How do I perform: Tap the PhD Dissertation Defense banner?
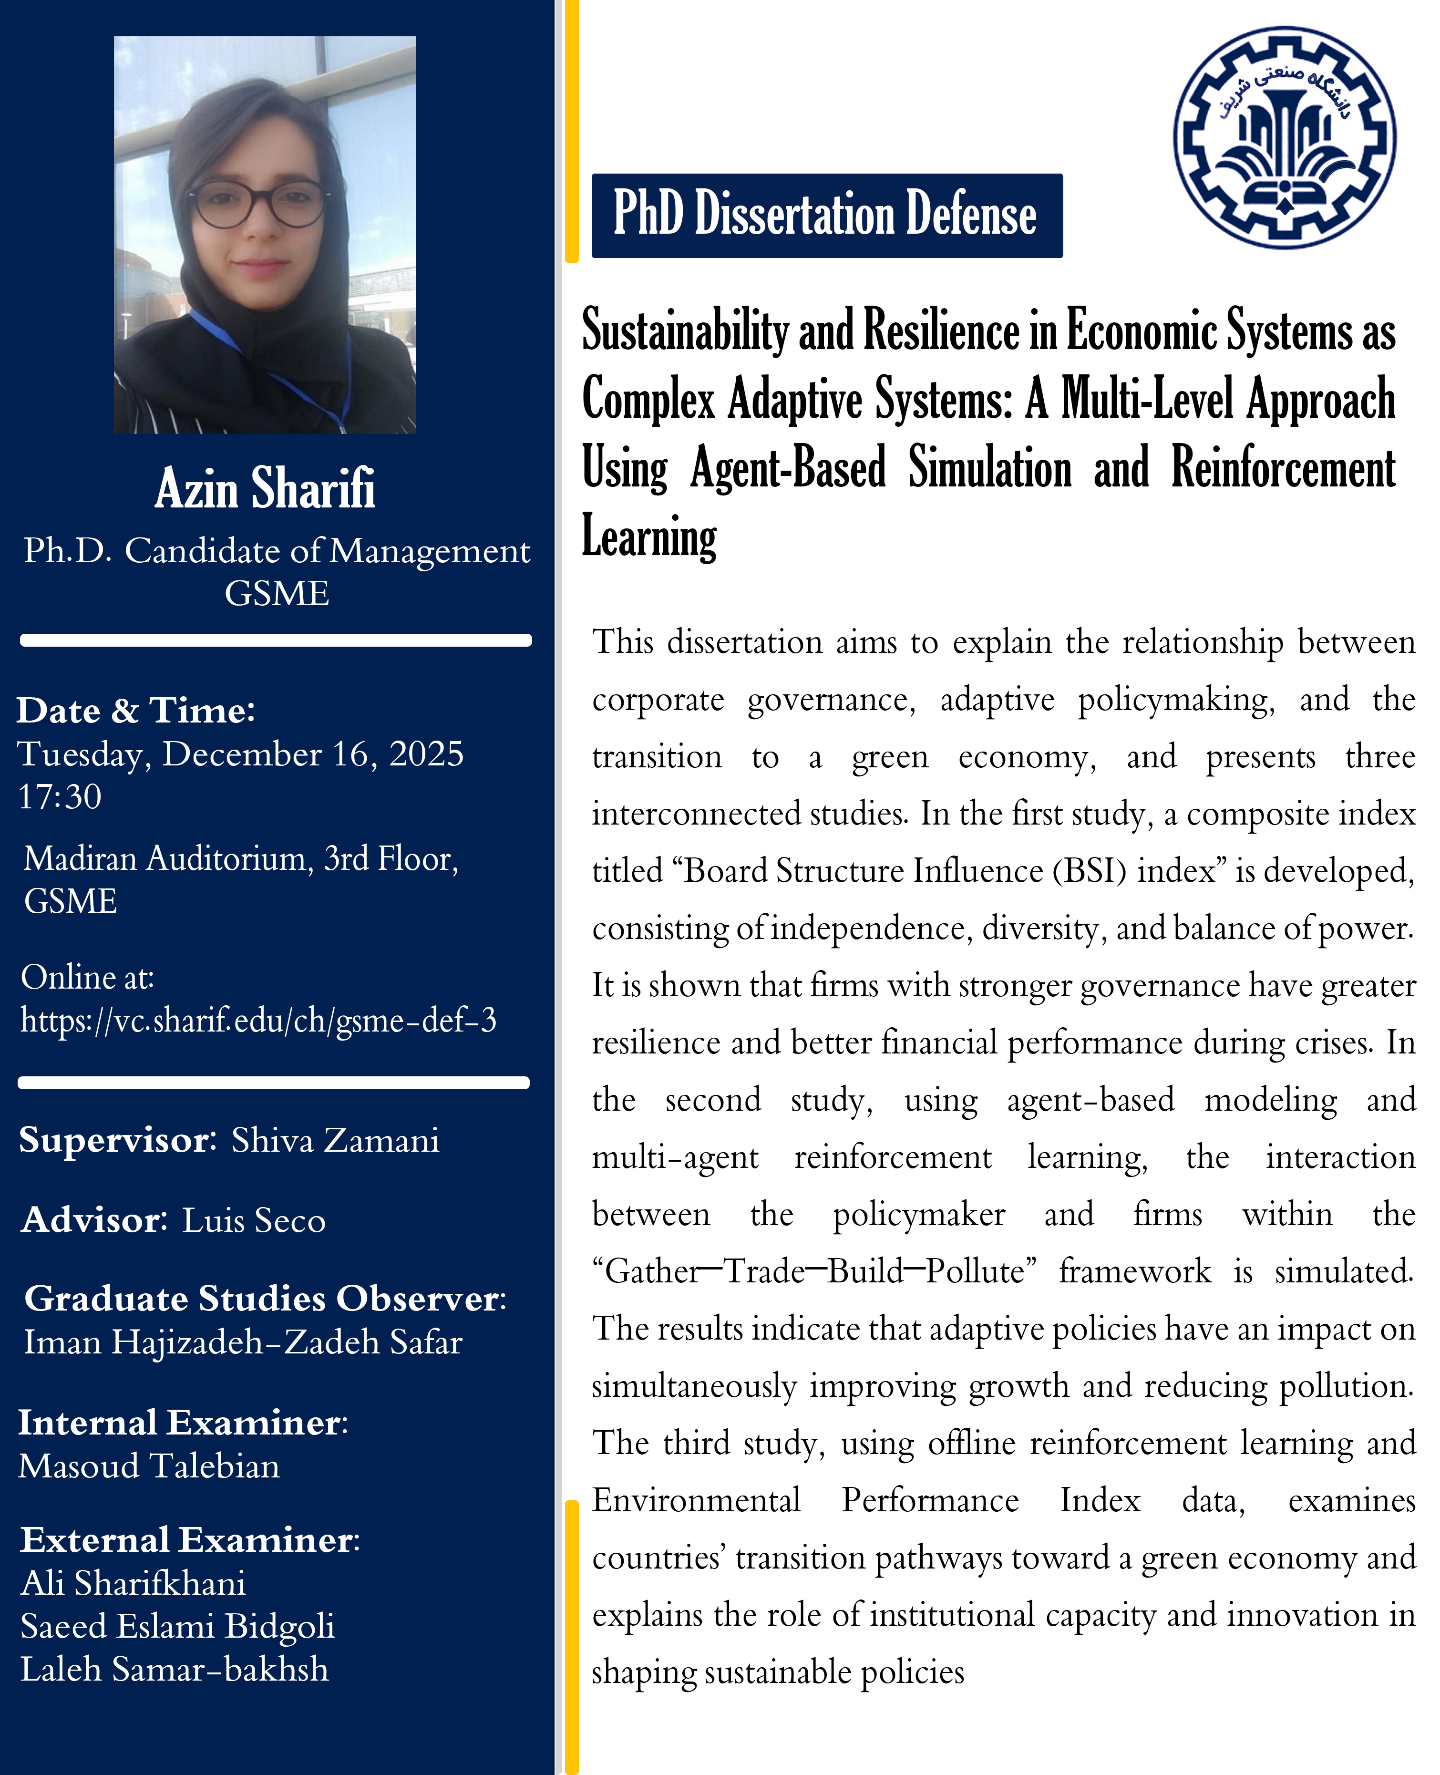pos(826,215)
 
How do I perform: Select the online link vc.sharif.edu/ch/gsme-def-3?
pos(259,1020)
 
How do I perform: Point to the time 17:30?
pos(60,797)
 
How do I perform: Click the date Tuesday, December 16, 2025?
pos(240,754)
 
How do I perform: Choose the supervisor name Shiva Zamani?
pos(335,1140)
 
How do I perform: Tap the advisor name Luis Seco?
pos(254,1220)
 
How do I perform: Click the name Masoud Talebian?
pos(149,1465)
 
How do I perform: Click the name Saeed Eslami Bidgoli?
pos(177,1626)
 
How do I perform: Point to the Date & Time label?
pos(136,711)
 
